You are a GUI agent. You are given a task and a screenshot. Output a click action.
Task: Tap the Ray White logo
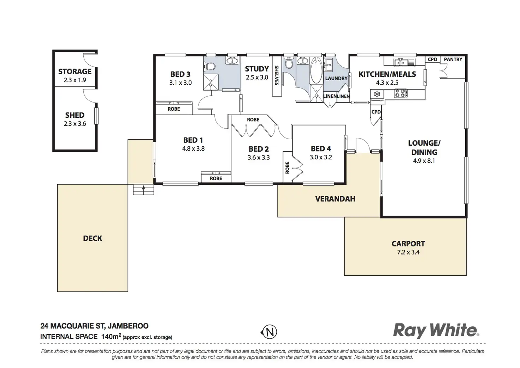[x=436, y=331]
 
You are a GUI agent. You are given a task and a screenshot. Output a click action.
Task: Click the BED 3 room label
[x=180, y=74]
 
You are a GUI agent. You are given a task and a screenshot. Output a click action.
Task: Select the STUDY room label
[x=257, y=69]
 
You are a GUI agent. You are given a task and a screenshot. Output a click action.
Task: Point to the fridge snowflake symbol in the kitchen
[x=377, y=94]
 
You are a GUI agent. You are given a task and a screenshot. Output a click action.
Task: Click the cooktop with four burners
[x=401, y=94]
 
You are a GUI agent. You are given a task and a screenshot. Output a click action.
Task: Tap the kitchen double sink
[x=404, y=62]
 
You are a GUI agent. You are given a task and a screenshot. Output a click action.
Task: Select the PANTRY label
[x=453, y=59]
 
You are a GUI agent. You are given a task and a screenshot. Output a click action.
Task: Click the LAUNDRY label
[x=336, y=78]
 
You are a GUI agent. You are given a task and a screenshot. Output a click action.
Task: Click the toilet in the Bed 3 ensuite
[x=211, y=66]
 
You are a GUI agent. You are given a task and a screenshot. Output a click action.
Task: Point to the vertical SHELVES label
[x=277, y=75]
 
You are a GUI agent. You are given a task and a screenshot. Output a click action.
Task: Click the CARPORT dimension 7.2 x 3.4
[x=408, y=252]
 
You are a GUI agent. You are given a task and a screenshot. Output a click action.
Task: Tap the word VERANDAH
[x=335, y=199]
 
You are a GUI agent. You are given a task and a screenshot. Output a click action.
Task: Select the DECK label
[x=93, y=239]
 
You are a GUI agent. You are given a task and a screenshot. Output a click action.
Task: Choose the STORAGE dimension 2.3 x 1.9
[x=75, y=80]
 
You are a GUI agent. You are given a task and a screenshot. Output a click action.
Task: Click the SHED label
[x=75, y=115]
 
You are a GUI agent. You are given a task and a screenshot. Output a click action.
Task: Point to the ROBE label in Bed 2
[x=253, y=120]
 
